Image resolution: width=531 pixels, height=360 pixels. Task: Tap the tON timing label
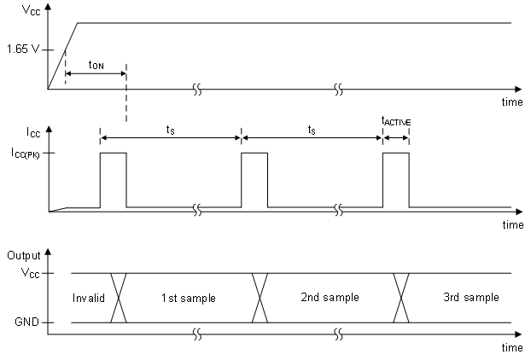pyautogui.click(x=96, y=65)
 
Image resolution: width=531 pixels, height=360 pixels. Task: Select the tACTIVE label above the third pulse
pyautogui.click(x=396, y=122)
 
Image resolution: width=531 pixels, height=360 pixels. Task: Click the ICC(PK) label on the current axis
pyautogui.click(x=23, y=153)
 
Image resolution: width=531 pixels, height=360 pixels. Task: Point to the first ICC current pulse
pyautogui.click(x=113, y=179)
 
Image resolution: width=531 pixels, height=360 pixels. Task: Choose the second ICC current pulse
pyautogui.click(x=254, y=179)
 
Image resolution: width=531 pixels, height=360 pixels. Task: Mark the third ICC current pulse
pyautogui.click(x=396, y=179)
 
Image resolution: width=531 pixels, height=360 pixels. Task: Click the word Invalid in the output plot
pyautogui.click(x=88, y=298)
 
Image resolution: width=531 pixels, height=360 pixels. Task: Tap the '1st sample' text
pyautogui.click(x=188, y=298)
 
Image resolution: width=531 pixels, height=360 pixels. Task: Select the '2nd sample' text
pyautogui.click(x=330, y=298)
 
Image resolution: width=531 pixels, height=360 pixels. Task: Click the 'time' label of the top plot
pyautogui.click(x=511, y=102)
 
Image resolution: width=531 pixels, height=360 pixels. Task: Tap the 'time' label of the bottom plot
pyautogui.click(x=511, y=347)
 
